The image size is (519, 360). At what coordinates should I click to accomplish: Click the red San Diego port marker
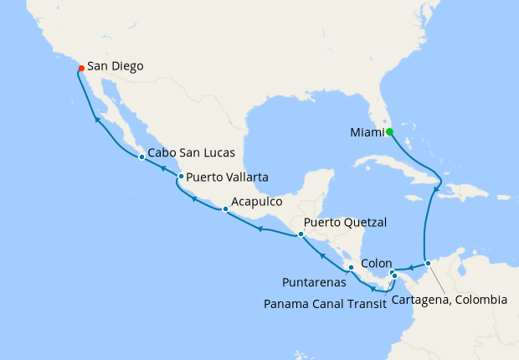pos(80,67)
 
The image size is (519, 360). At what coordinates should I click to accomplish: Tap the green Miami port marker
pos(390,131)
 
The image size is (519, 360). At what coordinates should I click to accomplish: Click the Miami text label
pos(366,132)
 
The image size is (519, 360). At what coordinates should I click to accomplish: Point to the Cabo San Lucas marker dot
pos(141,157)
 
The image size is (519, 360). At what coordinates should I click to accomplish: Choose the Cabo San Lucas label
pos(191,155)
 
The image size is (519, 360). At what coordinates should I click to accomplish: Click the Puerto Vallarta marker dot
pos(181,176)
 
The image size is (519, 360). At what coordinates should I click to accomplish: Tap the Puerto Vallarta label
pos(228,177)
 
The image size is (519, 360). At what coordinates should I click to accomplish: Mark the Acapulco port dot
pos(224,209)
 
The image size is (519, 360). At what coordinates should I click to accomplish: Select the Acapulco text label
pos(259,202)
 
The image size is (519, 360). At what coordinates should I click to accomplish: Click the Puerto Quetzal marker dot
pos(301,234)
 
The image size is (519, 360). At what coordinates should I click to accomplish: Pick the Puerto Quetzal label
pos(346,224)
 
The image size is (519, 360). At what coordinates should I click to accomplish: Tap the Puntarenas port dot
pos(351,268)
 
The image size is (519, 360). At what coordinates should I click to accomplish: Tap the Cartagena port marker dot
pos(428,264)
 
